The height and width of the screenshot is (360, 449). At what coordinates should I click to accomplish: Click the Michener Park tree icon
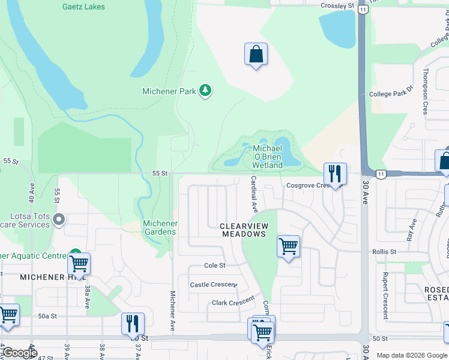point(206,91)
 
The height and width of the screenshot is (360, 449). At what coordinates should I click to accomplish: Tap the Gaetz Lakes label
point(83,7)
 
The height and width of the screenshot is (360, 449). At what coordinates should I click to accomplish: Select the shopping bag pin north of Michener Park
point(256,55)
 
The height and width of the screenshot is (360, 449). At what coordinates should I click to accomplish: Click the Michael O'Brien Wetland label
point(268,157)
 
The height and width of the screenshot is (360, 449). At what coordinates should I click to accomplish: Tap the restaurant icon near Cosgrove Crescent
point(335,174)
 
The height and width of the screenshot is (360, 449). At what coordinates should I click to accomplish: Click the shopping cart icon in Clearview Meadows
point(288,245)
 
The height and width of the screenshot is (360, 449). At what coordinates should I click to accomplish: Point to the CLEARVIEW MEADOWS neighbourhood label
point(243,230)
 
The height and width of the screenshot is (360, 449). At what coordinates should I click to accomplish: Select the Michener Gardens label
point(160,227)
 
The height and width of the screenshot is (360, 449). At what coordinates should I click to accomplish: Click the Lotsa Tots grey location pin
point(58,220)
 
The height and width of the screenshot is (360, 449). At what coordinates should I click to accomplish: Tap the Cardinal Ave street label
point(254,194)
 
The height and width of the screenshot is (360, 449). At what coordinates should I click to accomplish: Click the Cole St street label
point(214,265)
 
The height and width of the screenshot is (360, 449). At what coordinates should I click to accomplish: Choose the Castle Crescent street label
point(213,284)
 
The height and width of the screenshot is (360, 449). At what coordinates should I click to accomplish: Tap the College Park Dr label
point(391,94)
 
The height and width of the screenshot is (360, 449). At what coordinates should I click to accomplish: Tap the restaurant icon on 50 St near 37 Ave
point(133,324)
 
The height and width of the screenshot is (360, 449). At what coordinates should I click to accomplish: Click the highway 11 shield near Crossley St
point(363,9)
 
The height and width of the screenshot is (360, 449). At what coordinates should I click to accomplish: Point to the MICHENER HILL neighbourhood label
point(53,277)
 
